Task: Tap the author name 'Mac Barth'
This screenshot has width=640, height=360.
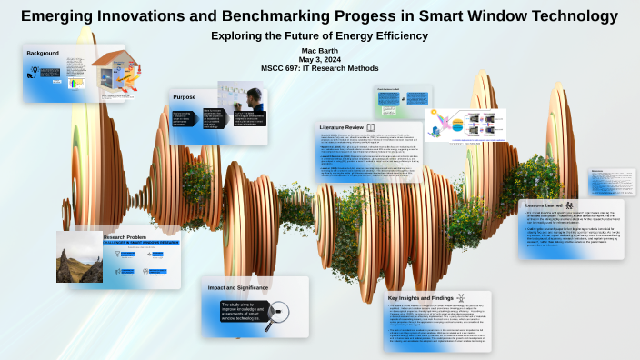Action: pyautogui.click(x=319, y=51)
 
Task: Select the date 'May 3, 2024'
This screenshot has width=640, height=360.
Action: pyautogui.click(x=319, y=60)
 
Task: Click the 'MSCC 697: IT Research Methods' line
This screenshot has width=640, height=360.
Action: pyautogui.click(x=319, y=69)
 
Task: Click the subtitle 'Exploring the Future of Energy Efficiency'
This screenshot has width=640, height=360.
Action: pyautogui.click(x=319, y=35)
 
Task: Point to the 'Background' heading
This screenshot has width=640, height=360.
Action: pyautogui.click(x=43, y=54)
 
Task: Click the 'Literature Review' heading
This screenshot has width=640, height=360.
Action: pyautogui.click(x=342, y=126)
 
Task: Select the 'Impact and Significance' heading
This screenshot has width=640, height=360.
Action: pyautogui.click(x=238, y=287)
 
